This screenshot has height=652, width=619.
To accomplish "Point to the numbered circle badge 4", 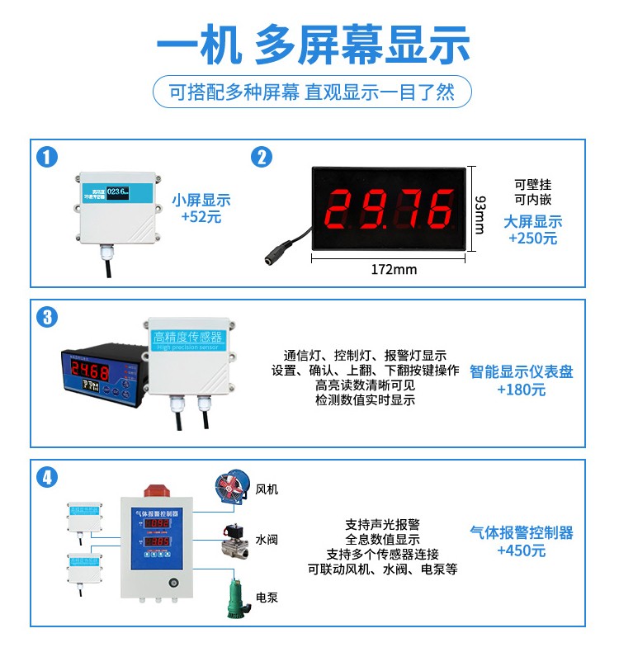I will coord(50,477).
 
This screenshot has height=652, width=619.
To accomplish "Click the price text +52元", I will coord(201,218).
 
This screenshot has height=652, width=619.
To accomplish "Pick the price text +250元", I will coord(532,239).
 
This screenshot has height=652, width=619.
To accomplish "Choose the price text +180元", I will coord(521,390).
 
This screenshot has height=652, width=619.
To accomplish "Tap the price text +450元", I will coord(521,550).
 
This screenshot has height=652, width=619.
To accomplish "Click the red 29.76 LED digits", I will coord(392,210).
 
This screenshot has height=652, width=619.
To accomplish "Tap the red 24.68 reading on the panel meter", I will coord(89,369).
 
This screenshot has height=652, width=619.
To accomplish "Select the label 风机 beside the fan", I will coord(267,489).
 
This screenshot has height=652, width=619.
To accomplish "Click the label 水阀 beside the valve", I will coord(266,541).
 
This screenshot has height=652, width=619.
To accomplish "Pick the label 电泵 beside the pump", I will coord(266,598).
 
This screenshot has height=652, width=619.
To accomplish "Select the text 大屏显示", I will coord(532,221).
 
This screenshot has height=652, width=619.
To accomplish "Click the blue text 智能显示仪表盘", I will coord(521,372).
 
